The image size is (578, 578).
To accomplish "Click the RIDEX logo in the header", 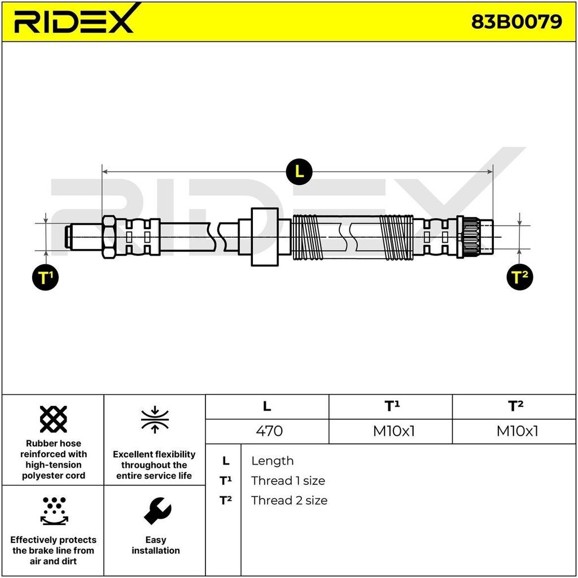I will pos(74,21).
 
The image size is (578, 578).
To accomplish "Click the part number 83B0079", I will pos(516,21).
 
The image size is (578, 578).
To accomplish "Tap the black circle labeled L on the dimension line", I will pos(299,171).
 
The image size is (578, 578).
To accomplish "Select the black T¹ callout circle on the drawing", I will pos(45,277).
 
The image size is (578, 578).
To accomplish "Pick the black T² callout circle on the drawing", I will pos(519,277).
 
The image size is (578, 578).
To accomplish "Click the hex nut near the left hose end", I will pos(109,237).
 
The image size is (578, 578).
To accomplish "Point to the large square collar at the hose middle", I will pos(264,237).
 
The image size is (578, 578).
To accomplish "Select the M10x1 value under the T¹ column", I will pos(393,431).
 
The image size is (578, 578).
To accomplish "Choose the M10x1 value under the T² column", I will pos(517,431).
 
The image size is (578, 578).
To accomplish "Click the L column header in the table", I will pos(267,406).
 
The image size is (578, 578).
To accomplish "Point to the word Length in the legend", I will pos(272,461).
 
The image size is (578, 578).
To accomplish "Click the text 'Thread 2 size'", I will pos(289,500).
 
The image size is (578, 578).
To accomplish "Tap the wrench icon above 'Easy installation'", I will pos(156,510).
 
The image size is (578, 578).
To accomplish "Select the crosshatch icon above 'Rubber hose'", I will pos(54,419).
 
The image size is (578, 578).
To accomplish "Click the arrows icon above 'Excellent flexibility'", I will pos(155,419).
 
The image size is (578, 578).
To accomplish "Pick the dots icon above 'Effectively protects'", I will pos(54,510).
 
